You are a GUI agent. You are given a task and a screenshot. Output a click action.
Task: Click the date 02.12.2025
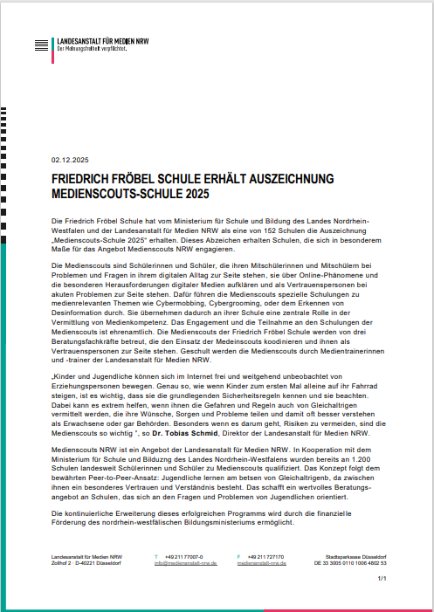(x=69, y=162)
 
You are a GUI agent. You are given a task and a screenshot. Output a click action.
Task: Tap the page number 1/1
(x=382, y=579)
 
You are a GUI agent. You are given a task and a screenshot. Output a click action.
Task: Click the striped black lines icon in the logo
(x=39, y=45)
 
